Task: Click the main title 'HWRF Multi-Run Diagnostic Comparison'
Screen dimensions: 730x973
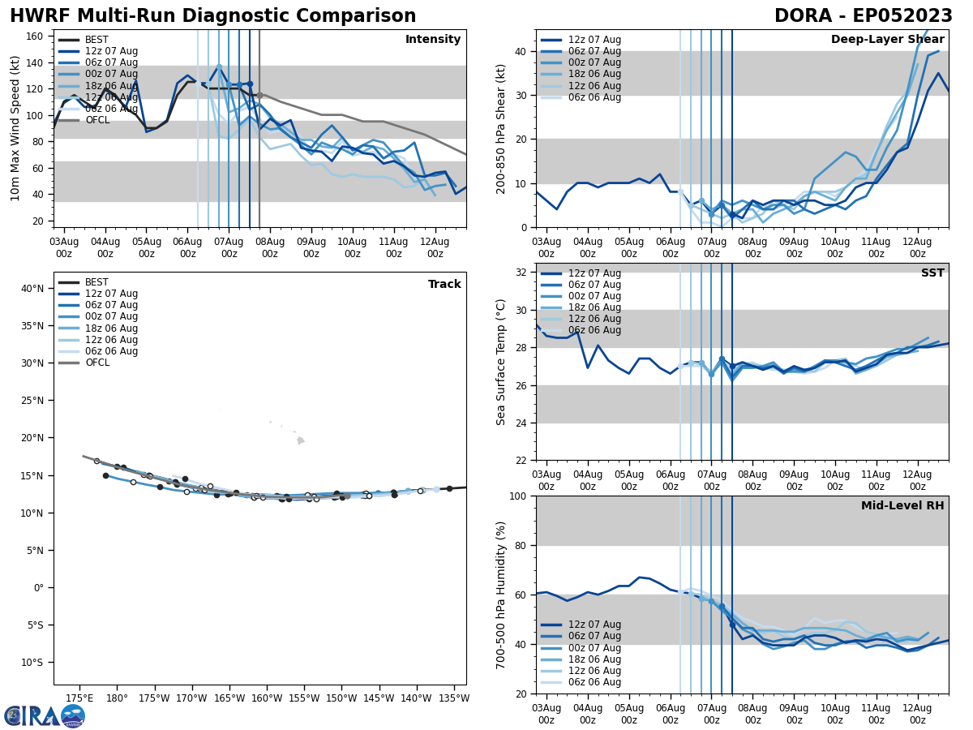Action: [x=212, y=16]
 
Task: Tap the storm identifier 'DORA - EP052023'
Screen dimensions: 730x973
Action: [x=863, y=16]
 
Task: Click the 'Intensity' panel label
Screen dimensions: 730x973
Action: [x=432, y=40]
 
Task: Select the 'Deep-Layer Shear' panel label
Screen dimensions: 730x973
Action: [x=887, y=40]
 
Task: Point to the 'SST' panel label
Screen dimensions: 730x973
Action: [x=932, y=273]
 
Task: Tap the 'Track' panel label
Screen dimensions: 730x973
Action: [x=444, y=285]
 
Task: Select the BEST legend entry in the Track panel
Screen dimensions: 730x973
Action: [x=96, y=282]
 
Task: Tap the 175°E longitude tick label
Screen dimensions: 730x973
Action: [x=79, y=698]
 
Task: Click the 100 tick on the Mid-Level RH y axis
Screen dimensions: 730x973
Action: [x=518, y=496]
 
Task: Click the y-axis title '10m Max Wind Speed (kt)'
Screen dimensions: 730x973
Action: [x=15, y=128]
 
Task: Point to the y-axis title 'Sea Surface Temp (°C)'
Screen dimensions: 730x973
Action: [x=501, y=362]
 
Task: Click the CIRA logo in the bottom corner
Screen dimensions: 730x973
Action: [x=45, y=715]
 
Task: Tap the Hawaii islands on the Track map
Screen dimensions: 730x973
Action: [x=300, y=440]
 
